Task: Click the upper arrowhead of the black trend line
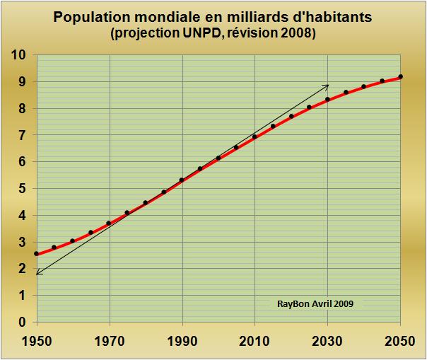pos(327,85)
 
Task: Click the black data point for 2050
pos(400,76)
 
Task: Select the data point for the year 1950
pos(36,253)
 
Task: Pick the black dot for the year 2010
pos(255,137)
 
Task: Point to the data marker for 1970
pos(109,223)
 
